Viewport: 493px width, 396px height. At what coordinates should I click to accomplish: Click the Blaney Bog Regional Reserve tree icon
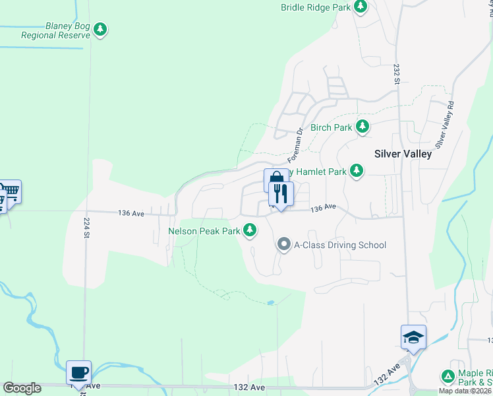100,29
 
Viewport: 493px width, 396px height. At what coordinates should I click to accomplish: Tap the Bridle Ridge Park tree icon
360,7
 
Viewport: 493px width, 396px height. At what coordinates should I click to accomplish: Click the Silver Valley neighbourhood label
403,154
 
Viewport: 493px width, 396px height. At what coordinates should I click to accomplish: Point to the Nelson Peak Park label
204,231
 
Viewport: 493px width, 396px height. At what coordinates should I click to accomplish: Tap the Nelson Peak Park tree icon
250,230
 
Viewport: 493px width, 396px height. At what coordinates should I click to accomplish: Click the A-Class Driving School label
339,245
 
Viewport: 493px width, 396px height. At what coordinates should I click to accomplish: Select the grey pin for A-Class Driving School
284,245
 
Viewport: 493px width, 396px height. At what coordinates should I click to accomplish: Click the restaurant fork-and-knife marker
281,194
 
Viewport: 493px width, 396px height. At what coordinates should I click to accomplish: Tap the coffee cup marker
79,372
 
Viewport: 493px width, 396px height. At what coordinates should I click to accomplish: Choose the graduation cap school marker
413,337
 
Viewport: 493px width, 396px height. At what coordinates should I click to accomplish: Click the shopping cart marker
11,192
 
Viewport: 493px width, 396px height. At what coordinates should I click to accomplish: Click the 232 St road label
397,74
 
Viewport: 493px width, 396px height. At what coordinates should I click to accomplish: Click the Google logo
22,388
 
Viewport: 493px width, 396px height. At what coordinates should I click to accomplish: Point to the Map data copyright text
465,391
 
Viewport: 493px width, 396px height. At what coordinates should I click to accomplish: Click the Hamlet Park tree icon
357,172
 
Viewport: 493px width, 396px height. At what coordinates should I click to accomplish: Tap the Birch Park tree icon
362,127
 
